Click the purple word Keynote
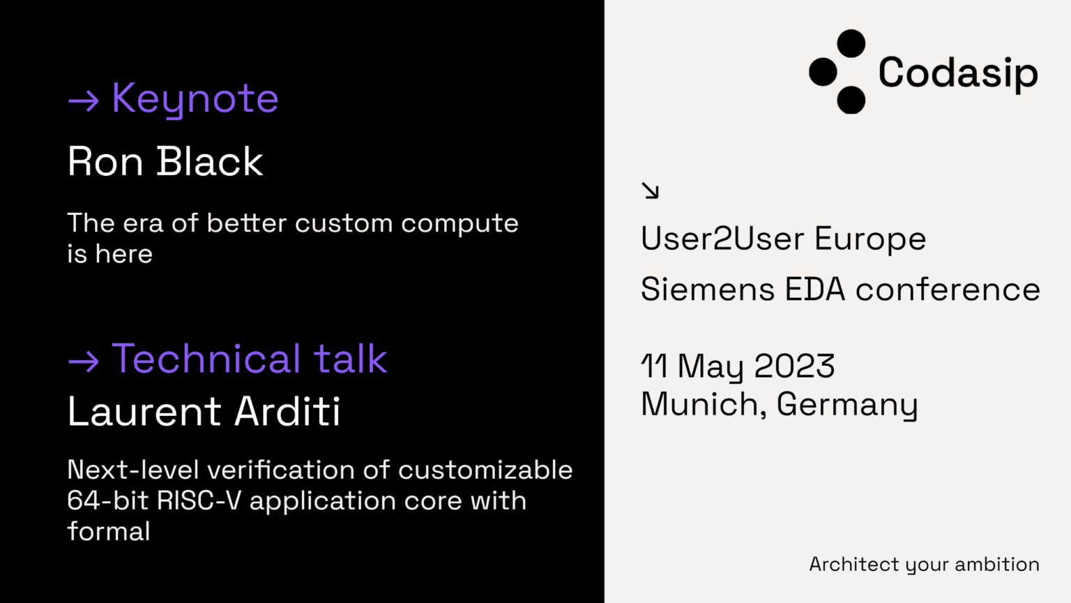tap(195, 99)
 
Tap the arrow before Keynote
tap(84, 101)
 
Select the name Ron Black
tap(165, 162)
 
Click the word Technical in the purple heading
tap(206, 359)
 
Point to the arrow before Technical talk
tap(84, 361)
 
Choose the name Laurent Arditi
tap(204, 411)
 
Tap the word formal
tap(109, 532)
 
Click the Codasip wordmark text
tap(958, 73)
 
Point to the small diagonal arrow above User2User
tap(650, 191)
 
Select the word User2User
tap(722, 239)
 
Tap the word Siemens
tap(708, 290)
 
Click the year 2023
tap(794, 366)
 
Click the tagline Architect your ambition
tap(924, 565)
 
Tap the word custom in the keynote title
tap(344, 224)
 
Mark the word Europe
tap(870, 239)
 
